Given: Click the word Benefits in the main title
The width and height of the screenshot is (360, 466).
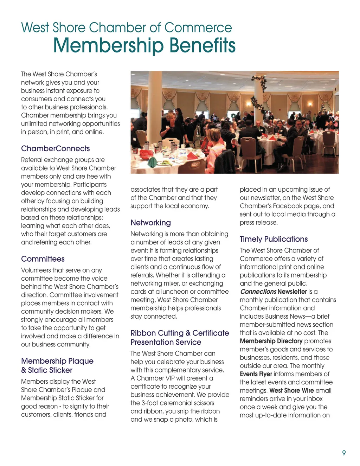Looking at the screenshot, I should coord(202,46).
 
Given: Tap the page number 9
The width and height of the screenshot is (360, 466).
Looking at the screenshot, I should coord(344,453).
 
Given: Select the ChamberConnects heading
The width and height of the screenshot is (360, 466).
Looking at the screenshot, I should coord(55,148).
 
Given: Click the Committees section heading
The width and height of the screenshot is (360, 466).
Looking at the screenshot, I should coord(43,259).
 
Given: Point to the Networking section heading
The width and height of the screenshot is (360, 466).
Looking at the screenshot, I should coord(150,223).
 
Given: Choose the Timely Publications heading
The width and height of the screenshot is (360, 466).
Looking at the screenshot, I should coord(274,239).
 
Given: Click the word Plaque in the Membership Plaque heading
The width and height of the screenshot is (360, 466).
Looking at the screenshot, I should coord(81,361).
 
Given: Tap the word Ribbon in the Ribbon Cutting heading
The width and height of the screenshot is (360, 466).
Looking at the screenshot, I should coord(142,333).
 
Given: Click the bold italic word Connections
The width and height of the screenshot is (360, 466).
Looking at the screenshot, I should coord(258,292).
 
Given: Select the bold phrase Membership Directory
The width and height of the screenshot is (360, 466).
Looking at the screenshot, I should coord(271,341).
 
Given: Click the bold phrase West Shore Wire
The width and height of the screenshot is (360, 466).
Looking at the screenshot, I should coord(291,390).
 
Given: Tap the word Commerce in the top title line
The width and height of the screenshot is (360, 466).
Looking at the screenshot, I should coord(198,28).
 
